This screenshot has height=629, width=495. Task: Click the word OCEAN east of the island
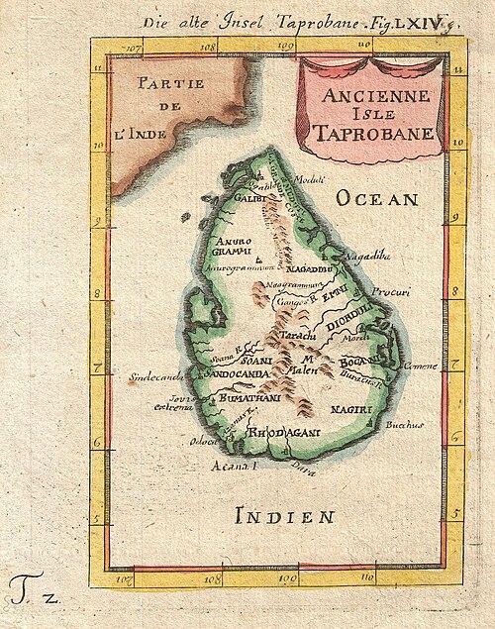pyautogui.click(x=377, y=199)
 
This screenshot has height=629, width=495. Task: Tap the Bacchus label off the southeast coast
pyautogui.click(x=405, y=425)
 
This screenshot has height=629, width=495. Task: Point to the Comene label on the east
pyautogui.click(x=420, y=366)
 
